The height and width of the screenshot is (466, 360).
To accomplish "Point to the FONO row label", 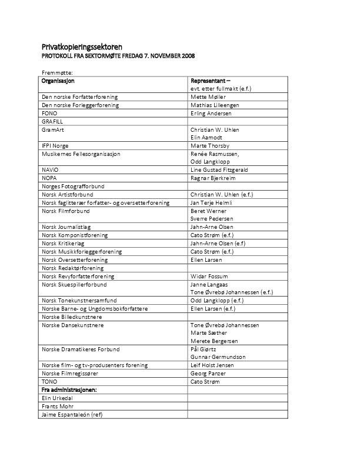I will coord(49,113).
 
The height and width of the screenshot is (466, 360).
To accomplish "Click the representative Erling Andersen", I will coord(211,113).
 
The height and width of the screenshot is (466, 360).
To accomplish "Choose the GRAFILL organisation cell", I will coord(53,121).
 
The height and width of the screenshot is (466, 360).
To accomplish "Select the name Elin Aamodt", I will coord(206,137).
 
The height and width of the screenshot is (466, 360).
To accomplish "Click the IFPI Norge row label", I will coord(55,145).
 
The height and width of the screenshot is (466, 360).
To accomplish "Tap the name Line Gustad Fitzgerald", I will coord(219,170).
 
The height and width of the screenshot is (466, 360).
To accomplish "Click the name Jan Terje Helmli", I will coord(212,202).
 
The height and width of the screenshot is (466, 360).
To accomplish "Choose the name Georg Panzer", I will coord(208,373).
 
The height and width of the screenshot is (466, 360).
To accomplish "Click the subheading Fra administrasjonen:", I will coord(69,390).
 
